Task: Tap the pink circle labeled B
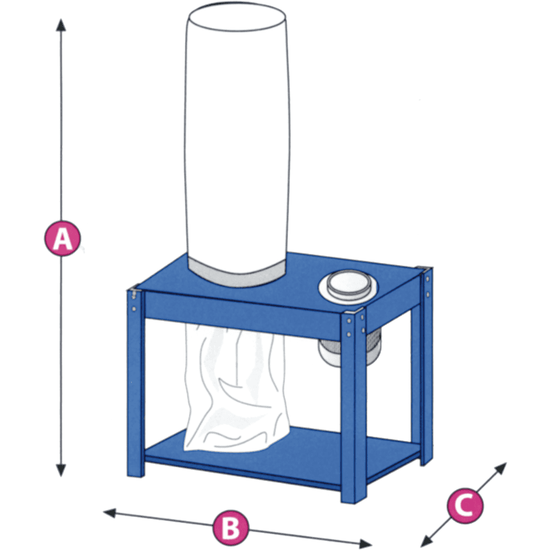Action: (230, 527)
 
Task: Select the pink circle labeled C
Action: (464, 505)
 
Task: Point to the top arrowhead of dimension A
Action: (61, 26)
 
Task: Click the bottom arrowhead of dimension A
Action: (61, 470)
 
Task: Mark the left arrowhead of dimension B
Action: (110, 513)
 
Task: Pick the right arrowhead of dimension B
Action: (366, 544)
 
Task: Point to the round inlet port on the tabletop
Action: (348, 285)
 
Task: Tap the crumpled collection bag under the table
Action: (236, 388)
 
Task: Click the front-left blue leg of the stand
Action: (135, 382)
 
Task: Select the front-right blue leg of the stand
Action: (353, 407)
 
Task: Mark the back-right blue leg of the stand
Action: (426, 366)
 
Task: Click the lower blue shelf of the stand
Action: (281, 456)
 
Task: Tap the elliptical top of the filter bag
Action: (237, 18)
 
